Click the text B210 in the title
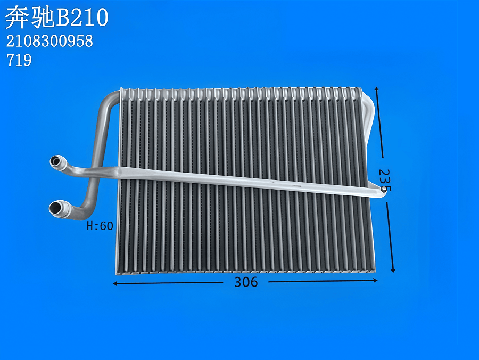[x=82, y=18]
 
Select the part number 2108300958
[x=49, y=42]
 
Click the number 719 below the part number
[x=19, y=61]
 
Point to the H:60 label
[x=100, y=226]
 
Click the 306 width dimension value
[x=246, y=282]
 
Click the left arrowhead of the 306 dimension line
[x=115, y=284]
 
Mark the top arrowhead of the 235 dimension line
[x=377, y=89]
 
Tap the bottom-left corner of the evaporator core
[x=118, y=272]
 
